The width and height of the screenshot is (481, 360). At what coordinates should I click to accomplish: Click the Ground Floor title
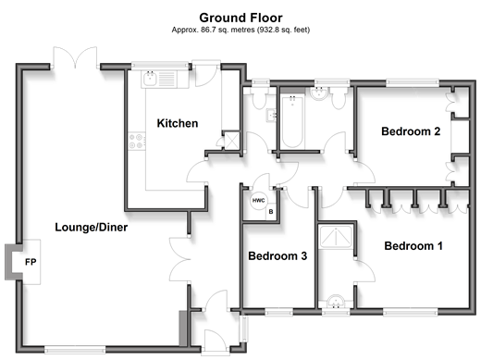point(240,18)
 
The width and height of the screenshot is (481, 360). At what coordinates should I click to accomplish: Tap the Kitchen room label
point(178,123)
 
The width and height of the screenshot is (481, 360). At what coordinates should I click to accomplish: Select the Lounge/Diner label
point(92,228)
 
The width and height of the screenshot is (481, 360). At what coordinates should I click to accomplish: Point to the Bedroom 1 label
point(413,246)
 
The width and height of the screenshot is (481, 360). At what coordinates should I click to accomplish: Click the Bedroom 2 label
point(411,131)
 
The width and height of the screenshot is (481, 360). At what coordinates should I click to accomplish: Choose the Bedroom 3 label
point(277,256)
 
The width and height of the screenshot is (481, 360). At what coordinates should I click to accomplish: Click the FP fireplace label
point(31,262)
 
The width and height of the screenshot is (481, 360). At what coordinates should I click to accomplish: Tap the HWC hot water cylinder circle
point(258,201)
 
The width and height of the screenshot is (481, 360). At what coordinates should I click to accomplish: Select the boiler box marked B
point(271,212)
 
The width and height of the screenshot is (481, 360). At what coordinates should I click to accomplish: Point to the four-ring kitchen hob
point(137,141)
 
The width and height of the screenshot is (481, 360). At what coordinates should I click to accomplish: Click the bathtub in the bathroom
point(292,121)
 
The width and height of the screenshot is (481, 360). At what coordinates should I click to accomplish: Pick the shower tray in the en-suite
point(335,237)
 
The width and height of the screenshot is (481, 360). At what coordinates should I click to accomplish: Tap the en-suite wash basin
point(335,302)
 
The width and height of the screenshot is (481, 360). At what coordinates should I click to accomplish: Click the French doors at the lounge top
point(75,57)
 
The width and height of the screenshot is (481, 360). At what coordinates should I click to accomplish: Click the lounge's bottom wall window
point(75,350)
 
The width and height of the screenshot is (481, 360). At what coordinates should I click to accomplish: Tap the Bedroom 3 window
point(278,312)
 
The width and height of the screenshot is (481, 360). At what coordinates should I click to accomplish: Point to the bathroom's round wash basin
point(318,93)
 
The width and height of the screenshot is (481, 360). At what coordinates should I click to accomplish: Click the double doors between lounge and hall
point(180,259)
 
